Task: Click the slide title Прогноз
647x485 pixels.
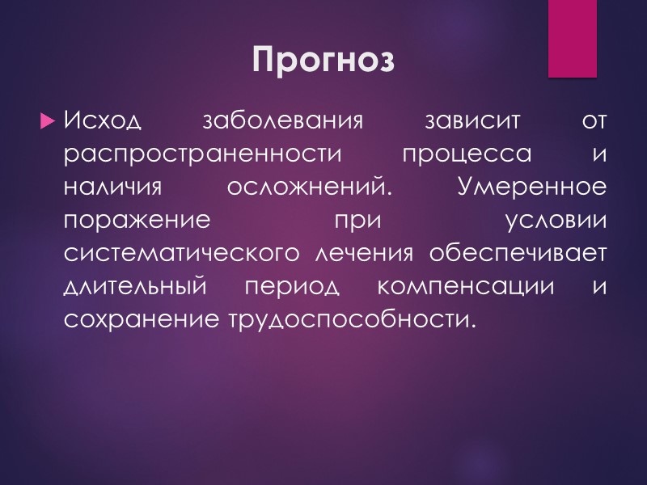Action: pyautogui.click(x=323, y=60)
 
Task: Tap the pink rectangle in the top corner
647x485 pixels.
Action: pyautogui.click(x=572, y=38)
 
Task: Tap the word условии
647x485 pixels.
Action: pyautogui.click(x=556, y=221)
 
